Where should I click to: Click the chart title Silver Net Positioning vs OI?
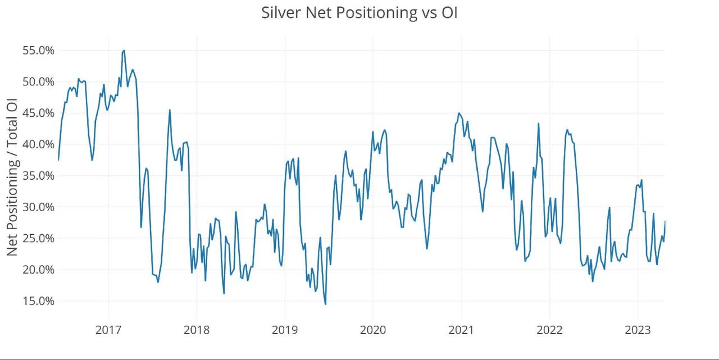coord(359,13)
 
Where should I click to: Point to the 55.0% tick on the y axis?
coord(38,51)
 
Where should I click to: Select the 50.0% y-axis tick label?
coord(38,82)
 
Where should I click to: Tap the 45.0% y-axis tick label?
coord(38,113)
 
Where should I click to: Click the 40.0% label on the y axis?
coord(38,144)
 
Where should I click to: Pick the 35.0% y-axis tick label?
coord(38,176)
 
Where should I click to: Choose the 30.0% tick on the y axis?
coord(38,207)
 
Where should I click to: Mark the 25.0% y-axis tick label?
coord(38,238)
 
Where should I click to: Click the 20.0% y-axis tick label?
coord(38,270)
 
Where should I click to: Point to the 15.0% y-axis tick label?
coord(38,300)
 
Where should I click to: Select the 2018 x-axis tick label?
coord(197,329)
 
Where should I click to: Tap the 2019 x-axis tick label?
coord(285,329)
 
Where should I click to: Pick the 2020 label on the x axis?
coord(373,329)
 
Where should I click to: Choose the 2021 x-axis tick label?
coord(461,329)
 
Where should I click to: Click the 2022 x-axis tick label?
coord(549,329)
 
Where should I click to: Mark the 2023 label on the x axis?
coord(638,329)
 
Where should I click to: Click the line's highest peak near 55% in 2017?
coord(124,51)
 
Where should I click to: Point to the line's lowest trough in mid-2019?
coord(325,304)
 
